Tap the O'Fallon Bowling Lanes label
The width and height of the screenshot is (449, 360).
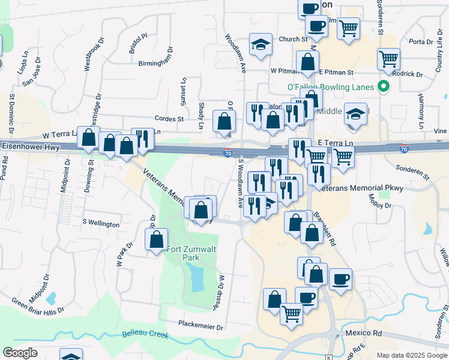point(335,87)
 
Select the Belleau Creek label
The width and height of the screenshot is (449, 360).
point(145,334)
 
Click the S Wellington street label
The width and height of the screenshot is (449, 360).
point(101,223)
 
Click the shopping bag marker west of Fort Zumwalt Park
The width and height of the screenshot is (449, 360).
point(156,240)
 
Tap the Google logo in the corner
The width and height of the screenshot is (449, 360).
point(20,352)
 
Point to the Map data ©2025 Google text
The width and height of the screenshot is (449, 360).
point(411,355)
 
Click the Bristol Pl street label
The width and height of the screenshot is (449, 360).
point(137,44)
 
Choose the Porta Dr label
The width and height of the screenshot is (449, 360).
point(420,42)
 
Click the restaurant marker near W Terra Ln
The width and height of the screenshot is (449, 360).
point(142,139)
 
